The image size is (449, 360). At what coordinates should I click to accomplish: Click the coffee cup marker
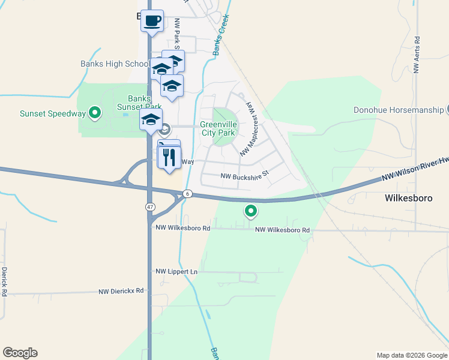click(x=152, y=21)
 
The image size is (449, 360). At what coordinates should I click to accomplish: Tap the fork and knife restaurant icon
click(x=169, y=158)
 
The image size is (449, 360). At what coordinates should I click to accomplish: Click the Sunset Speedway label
click(x=53, y=113)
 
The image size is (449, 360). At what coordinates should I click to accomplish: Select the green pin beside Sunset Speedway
click(x=95, y=112)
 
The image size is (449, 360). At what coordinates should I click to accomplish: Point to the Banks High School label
click(x=115, y=64)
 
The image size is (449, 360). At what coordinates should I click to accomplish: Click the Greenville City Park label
click(x=218, y=128)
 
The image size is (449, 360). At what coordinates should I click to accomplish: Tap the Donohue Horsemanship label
click(x=398, y=110)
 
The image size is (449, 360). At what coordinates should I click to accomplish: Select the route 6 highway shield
click(x=188, y=193)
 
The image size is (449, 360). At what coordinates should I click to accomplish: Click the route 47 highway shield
click(x=149, y=206)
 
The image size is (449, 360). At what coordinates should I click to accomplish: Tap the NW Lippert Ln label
click(x=176, y=272)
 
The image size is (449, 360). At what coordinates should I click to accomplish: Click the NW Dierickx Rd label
click(x=121, y=291)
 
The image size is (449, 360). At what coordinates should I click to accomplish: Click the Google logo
click(x=20, y=353)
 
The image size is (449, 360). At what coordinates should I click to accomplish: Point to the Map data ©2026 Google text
click(x=411, y=355)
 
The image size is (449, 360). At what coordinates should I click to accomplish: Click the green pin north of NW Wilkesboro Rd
click(x=251, y=211)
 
